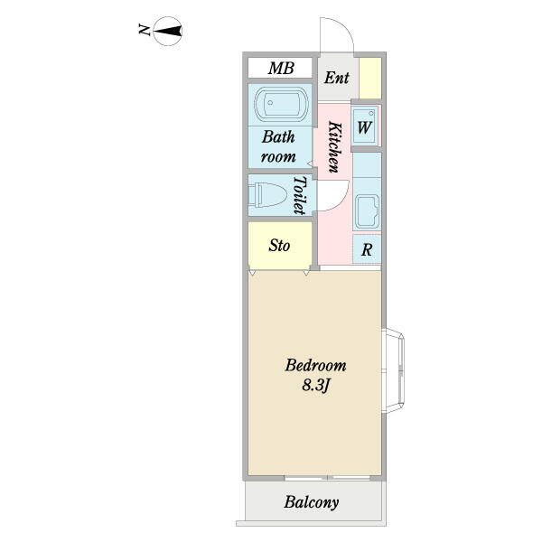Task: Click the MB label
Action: click(280, 69)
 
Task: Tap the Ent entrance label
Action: click(337, 78)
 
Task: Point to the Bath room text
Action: click(279, 146)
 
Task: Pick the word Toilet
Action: click(301, 193)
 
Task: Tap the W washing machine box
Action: click(365, 126)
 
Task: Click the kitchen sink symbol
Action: click(366, 213)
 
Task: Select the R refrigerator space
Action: click(367, 250)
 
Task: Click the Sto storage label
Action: click(280, 245)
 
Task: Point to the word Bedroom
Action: click(315, 366)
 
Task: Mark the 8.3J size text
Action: click(315, 386)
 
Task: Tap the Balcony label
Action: click(312, 503)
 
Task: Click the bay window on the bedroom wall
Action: click(397, 370)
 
